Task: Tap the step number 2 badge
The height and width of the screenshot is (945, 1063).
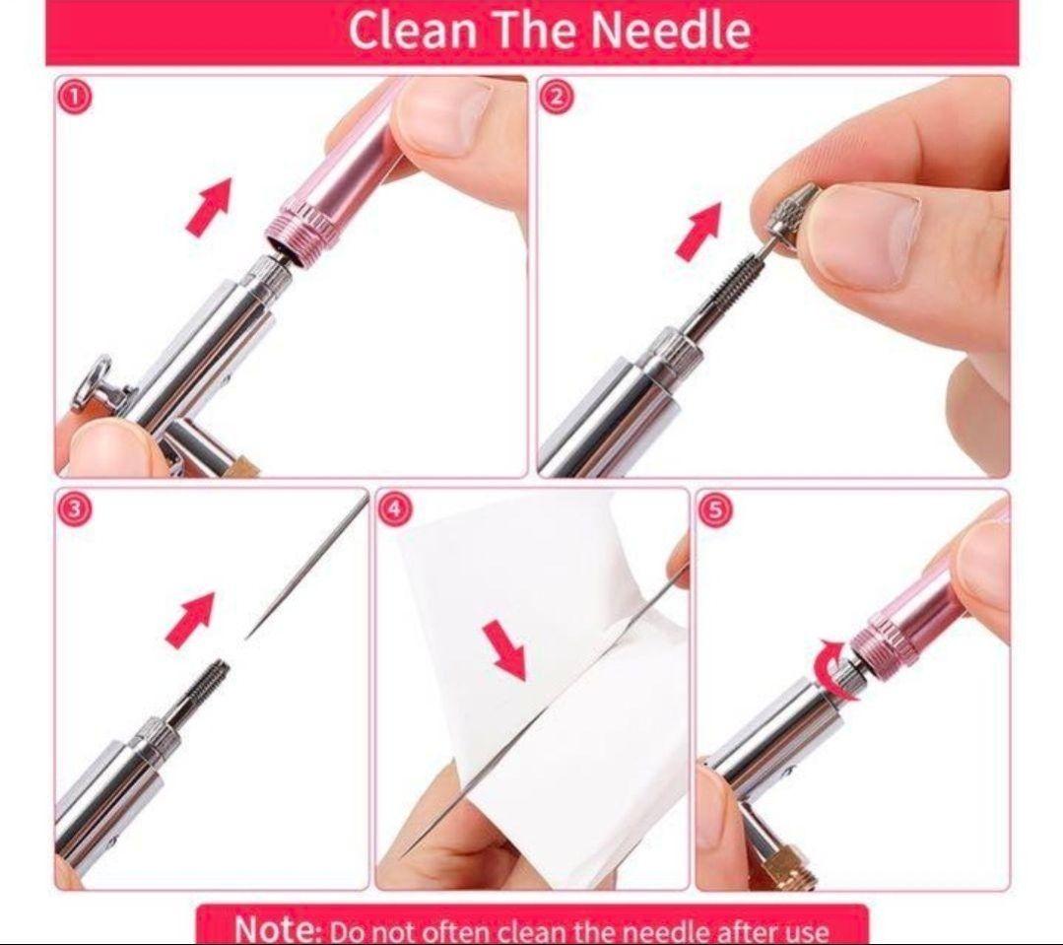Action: click(556, 97)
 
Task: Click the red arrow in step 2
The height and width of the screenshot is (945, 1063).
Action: click(698, 231)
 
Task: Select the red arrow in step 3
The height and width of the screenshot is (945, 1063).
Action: click(190, 620)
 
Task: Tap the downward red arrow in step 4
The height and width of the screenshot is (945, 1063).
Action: click(505, 651)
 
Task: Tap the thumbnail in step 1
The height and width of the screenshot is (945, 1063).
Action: click(447, 116)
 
